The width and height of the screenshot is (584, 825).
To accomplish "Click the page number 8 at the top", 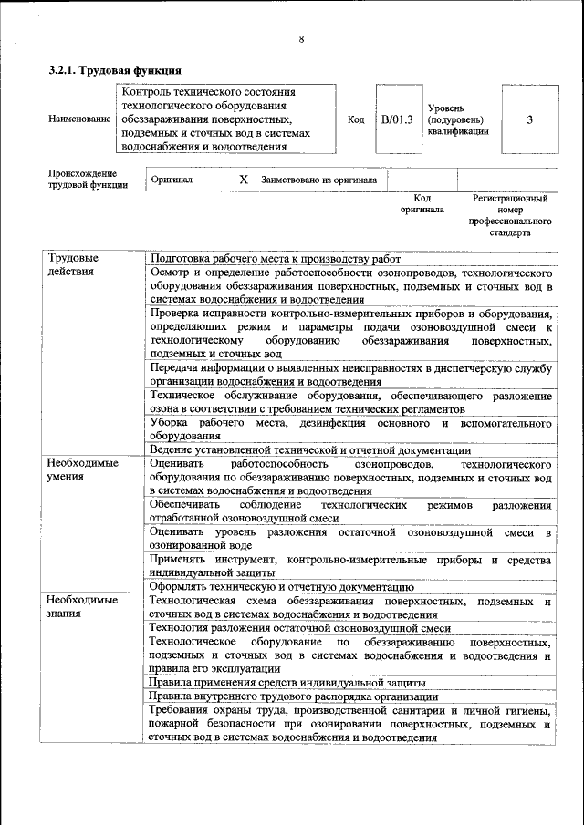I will (300, 38).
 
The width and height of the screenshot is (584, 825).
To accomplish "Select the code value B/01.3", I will (397, 119).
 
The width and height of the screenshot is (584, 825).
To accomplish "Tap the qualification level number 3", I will (529, 119).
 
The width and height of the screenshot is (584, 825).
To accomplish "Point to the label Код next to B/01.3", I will (356, 119).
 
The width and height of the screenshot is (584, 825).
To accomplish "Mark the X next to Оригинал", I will (243, 180).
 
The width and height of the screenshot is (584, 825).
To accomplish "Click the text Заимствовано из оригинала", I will (318, 180).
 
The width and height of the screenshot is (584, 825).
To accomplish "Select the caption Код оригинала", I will (422, 203).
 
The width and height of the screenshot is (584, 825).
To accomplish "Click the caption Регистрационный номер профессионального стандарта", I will (510, 215).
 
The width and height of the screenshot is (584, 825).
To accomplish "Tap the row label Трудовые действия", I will (73, 264).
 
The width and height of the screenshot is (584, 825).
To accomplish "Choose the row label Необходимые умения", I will (83, 469).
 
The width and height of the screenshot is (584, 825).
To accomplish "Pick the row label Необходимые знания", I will (83, 606).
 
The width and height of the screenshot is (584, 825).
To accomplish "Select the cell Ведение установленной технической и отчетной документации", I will (310, 449).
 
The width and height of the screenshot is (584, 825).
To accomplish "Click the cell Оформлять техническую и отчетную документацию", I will (282, 586).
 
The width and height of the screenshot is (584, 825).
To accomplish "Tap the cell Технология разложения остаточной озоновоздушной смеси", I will (300, 628).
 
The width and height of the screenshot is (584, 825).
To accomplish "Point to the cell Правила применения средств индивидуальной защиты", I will (287, 682).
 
